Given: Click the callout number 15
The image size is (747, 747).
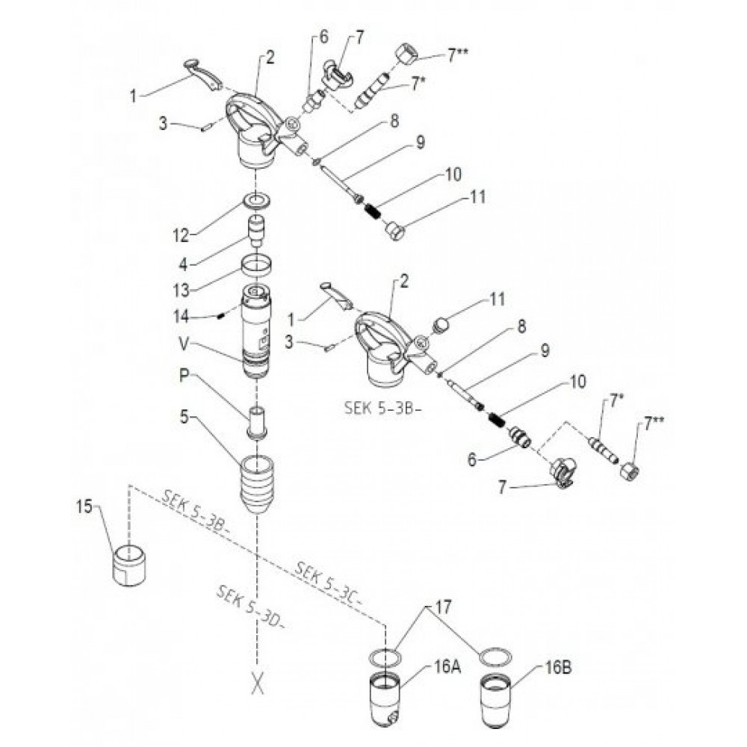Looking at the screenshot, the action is pos(84,507).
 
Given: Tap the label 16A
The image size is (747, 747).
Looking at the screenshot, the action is pos(447,667).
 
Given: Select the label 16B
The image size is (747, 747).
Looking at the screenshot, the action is pos(558,668).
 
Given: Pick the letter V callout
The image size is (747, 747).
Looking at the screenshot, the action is pos(185,344).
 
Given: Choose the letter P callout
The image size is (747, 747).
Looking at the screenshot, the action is pos(185,376).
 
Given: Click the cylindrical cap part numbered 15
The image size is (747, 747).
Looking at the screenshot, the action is pos(129,565).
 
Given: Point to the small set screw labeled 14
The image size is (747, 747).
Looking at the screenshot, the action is pos(220,316).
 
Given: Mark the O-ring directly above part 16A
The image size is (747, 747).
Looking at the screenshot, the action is pos(385,657).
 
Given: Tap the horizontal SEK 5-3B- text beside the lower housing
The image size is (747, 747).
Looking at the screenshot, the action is pos(383,409).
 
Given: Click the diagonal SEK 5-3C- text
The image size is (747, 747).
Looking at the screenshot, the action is pos(329,584).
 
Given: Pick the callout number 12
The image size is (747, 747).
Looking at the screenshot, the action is pos(182,235).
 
